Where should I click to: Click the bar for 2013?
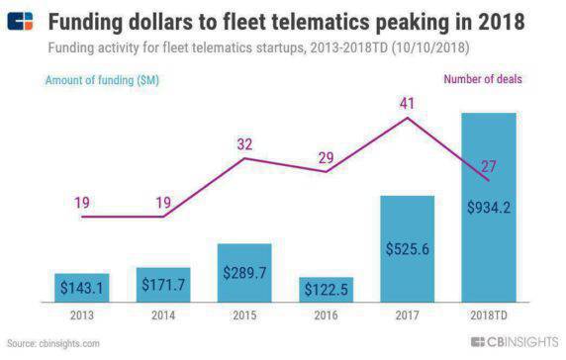coord(81,288)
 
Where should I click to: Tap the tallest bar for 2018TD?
coord(489,208)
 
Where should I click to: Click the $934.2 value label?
coord(489,207)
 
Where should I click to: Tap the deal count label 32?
coord(244,142)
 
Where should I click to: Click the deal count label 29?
coord(327,156)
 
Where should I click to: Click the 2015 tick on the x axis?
coord(244,317)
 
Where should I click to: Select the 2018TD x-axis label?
coord(489,317)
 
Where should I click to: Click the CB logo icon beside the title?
coord(22,22)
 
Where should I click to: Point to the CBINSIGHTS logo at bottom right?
coord(514,342)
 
